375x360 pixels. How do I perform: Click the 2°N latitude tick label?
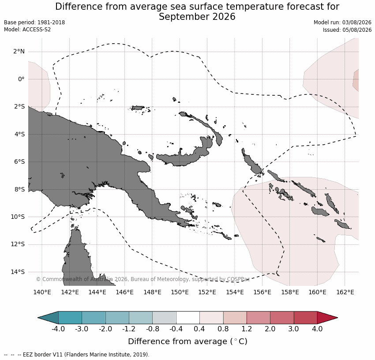coord(19,52)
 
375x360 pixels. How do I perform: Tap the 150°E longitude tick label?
coord(180,292)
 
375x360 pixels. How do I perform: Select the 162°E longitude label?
coord(345,292)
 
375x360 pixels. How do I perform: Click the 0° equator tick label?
coord(21,79)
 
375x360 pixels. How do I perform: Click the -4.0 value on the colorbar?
coord(58,329)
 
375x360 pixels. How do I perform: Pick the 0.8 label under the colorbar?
coord(223,329)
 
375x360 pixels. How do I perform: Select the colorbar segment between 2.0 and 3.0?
coord(282,318)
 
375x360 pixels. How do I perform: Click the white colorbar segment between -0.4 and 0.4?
coord(188,318)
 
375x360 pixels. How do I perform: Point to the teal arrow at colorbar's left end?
coord(48,318)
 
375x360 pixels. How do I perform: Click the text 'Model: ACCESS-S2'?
coord(27,30)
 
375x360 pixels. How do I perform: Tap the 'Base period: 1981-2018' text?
coord(34,22)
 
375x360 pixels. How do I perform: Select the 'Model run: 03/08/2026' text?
coord(342,22)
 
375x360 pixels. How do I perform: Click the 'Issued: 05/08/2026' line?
coord(347,30)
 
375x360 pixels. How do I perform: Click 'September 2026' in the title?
coord(197,17)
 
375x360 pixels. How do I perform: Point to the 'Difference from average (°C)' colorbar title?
coord(188,341)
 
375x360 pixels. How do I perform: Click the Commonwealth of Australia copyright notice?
coord(143,279)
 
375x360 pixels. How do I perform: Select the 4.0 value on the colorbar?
coord(317,329)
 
